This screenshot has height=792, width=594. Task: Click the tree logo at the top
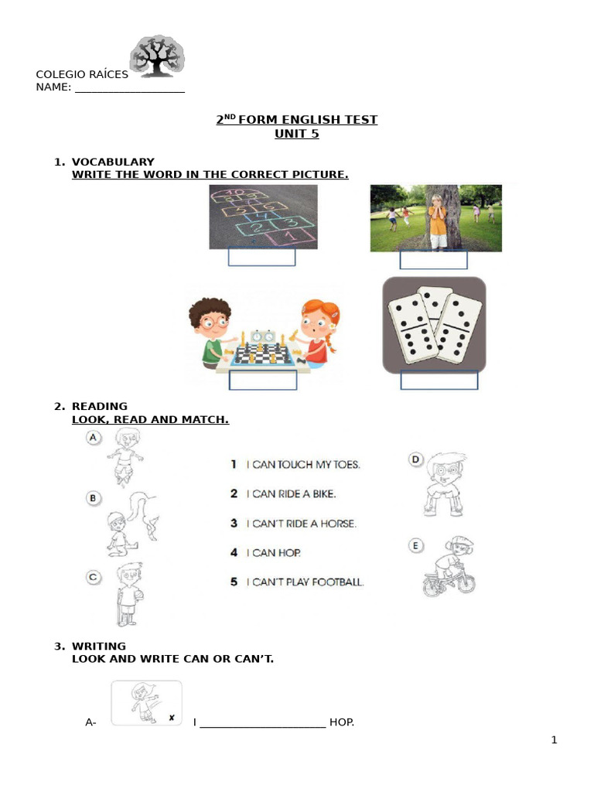[x=157, y=56]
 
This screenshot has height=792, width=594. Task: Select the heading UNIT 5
[x=296, y=134]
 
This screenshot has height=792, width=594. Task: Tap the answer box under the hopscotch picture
[x=261, y=257]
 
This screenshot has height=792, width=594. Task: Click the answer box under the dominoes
[x=439, y=381]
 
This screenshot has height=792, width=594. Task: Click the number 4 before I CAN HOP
[x=234, y=552]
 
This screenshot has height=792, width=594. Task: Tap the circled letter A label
[x=94, y=439]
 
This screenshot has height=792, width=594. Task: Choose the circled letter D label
[x=415, y=460]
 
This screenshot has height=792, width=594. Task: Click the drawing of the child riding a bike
[x=449, y=569]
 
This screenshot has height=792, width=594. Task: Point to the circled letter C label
[x=94, y=576]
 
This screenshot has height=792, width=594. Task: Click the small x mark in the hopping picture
[x=171, y=718]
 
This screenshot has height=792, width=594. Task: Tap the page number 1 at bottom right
[x=554, y=740]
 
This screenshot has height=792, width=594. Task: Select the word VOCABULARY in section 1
[x=113, y=162]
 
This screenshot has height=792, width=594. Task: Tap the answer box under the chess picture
[x=263, y=381]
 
